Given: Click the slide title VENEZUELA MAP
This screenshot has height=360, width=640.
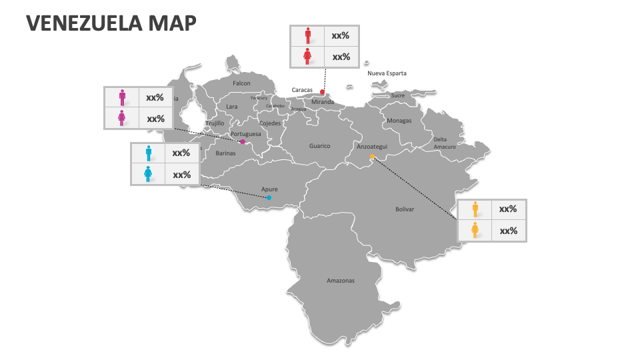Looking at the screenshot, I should pyautogui.click(x=111, y=23).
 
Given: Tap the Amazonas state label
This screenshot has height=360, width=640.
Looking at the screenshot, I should pyautogui.click(x=341, y=281).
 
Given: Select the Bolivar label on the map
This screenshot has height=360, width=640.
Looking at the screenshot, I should pyautogui.click(x=405, y=209).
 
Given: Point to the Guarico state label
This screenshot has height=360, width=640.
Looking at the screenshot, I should pyautogui.click(x=319, y=146).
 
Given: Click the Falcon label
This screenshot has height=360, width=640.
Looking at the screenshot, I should pyautogui.click(x=241, y=83).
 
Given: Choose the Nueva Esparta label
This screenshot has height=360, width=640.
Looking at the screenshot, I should pyautogui.click(x=387, y=73).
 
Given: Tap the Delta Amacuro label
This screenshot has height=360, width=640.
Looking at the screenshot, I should pyautogui.click(x=445, y=143).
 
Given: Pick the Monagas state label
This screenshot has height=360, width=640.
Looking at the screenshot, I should pyautogui.click(x=399, y=121).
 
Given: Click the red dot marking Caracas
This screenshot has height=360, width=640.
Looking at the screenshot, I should pyautogui.click(x=322, y=92).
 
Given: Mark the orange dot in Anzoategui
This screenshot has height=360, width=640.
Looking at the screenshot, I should pyautogui.click(x=373, y=157).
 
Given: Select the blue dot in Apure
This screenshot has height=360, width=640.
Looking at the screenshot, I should pyautogui.click(x=269, y=197).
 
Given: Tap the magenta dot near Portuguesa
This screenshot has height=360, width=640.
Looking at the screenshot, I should pyautogui.click(x=243, y=141).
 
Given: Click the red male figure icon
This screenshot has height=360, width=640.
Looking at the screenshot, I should pyautogui.click(x=307, y=35).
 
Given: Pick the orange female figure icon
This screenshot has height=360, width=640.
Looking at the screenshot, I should pyautogui.click(x=475, y=231).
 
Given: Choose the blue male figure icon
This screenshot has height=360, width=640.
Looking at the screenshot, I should pyautogui.click(x=148, y=153).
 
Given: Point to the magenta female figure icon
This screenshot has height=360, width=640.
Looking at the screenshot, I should pyautogui.click(x=122, y=119).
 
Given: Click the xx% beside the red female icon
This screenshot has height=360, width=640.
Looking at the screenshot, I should pyautogui.click(x=341, y=57).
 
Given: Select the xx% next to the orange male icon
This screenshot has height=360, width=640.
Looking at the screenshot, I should pyautogui.click(x=508, y=209).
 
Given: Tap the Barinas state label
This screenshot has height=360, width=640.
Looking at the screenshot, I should pyautogui.click(x=225, y=153).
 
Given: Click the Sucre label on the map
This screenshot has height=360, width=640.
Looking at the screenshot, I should pyautogui.click(x=397, y=95).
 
